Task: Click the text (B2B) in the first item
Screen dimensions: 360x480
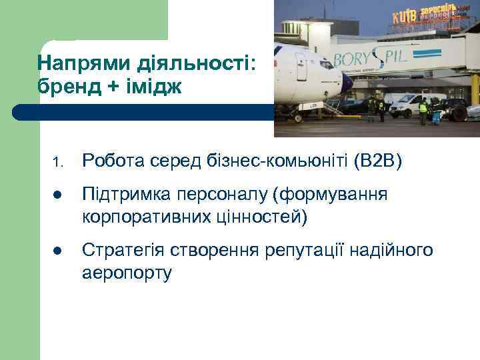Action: tap(377, 161)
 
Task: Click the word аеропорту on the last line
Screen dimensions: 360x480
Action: tap(127, 271)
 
